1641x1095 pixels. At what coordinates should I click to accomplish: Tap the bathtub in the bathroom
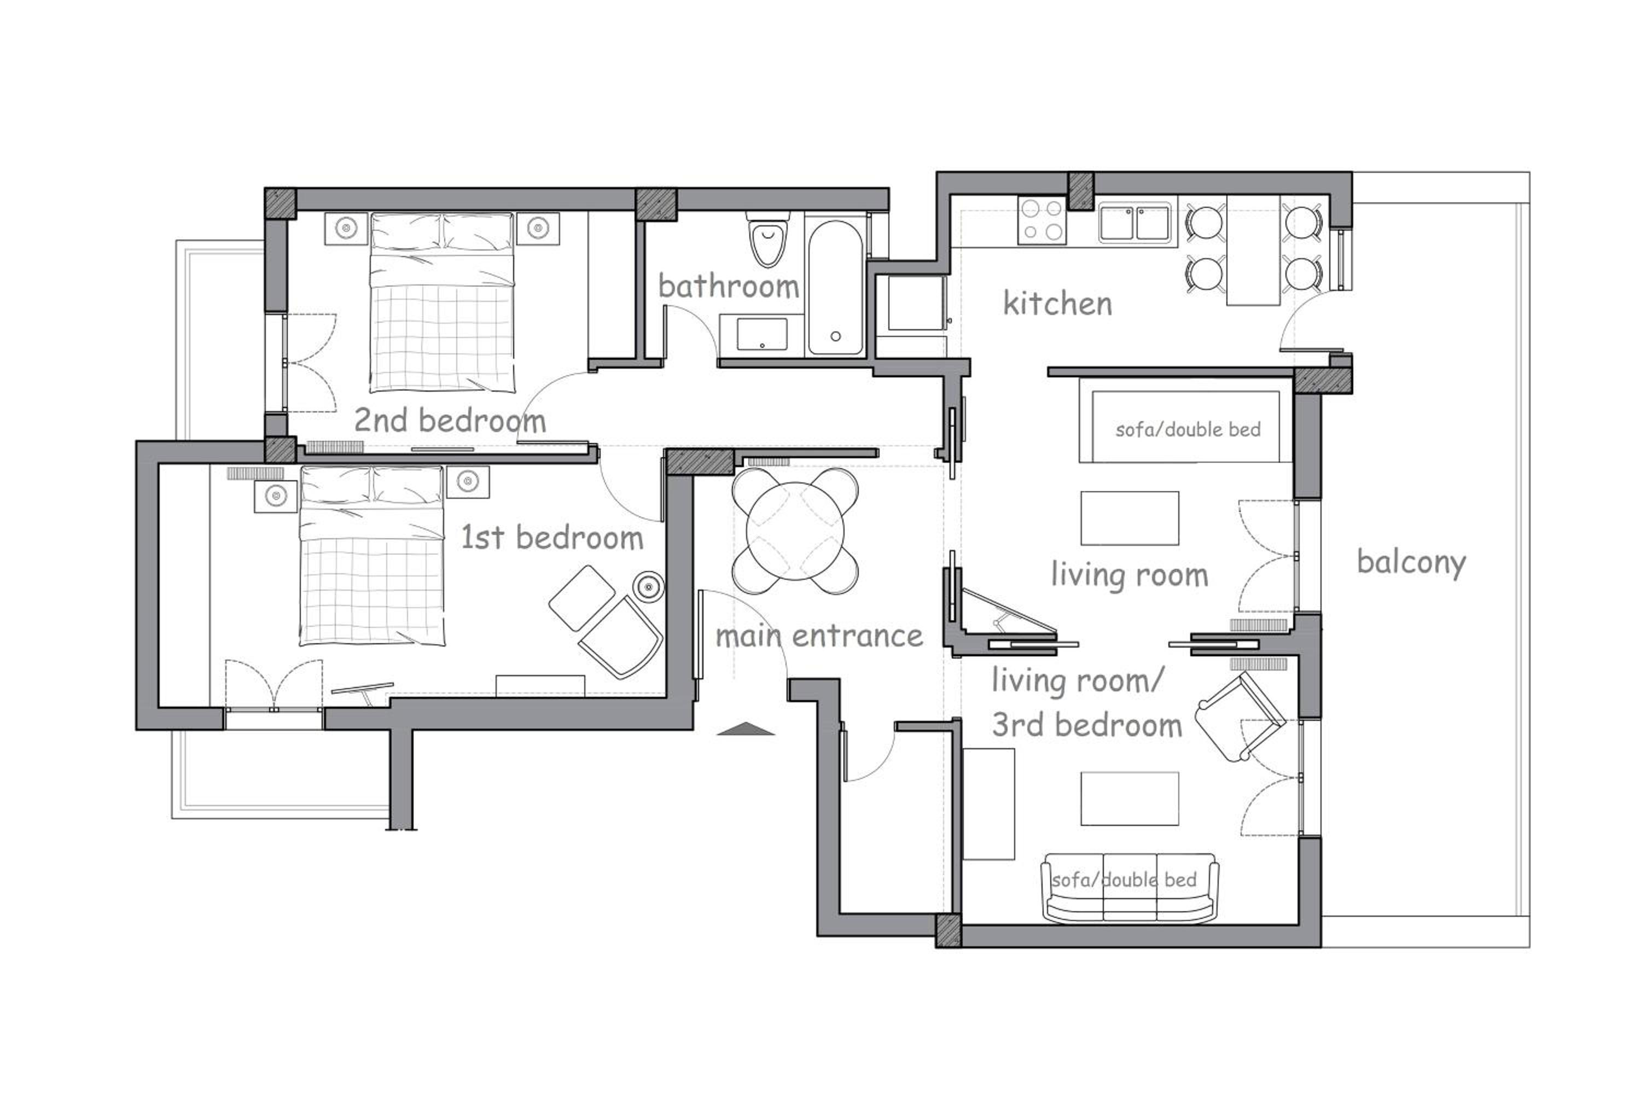pyautogui.click(x=835, y=288)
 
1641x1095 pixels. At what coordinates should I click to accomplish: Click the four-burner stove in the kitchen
pyautogui.click(x=1042, y=220)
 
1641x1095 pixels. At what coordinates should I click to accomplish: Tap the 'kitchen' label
pyautogui.click(x=1057, y=304)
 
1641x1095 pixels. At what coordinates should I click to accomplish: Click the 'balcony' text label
pyautogui.click(x=1411, y=563)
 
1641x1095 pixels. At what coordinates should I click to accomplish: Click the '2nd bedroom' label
pyautogui.click(x=450, y=421)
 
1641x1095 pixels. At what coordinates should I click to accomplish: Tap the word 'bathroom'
pyautogui.click(x=728, y=286)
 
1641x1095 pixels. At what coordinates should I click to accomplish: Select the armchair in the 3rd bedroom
pyautogui.click(x=1240, y=717)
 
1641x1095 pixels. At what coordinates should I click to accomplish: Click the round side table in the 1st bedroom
pyautogui.click(x=649, y=585)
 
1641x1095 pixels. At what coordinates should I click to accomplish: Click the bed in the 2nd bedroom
pyautogui.click(x=442, y=302)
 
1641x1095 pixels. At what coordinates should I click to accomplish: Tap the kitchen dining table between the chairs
pyautogui.click(x=1253, y=250)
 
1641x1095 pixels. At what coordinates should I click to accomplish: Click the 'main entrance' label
pyautogui.click(x=819, y=636)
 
